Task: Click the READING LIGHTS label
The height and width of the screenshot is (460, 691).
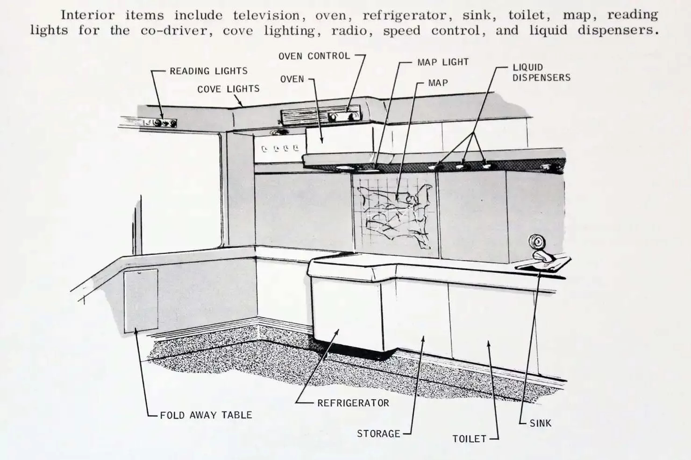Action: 208,71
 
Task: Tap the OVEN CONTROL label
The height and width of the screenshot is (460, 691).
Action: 314,56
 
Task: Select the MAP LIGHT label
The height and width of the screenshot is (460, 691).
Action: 443,62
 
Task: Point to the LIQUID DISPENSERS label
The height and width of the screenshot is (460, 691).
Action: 541,72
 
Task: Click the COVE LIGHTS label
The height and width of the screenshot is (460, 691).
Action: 228,89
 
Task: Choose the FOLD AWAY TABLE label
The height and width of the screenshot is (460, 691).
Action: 206,415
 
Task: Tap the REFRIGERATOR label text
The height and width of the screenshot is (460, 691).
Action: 353,403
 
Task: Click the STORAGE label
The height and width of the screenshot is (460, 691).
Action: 378,434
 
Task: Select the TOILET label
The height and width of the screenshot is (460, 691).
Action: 469,439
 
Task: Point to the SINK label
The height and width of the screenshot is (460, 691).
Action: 541,423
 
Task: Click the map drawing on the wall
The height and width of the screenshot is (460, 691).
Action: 396,215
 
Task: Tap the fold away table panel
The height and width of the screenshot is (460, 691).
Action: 141,301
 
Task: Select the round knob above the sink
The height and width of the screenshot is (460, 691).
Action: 536,243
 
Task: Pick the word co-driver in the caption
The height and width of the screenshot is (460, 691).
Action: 177,31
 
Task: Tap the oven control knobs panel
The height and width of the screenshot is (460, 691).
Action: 344,116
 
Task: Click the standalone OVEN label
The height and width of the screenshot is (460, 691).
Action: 292,79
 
